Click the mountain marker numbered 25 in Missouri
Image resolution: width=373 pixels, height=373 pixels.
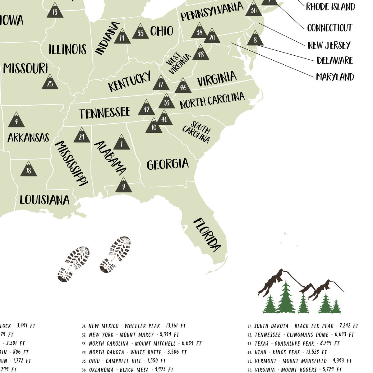[50, 82]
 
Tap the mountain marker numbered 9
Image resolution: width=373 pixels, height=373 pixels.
[123, 185]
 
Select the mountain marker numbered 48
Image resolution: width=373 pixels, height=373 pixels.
[201, 53]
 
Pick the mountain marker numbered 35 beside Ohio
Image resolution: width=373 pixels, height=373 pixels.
[140, 32]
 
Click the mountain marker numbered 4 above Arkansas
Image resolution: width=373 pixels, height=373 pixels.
[16, 120]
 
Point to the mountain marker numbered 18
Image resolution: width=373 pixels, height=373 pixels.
[29, 169]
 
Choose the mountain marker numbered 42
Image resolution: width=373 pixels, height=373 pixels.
[146, 108]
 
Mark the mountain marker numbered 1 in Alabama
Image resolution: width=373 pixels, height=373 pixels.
[122, 143]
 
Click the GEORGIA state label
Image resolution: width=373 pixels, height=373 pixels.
[168, 164]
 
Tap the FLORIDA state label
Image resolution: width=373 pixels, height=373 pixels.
[207, 234]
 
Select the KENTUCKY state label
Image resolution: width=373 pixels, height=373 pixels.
[129, 81]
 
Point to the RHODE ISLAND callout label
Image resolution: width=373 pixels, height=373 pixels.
[330, 7]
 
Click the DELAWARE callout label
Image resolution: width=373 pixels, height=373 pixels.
[334, 60]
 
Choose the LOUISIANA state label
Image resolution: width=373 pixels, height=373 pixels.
[44, 200]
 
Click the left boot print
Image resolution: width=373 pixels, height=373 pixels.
[74, 264]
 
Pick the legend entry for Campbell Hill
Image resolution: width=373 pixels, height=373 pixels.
[127, 361]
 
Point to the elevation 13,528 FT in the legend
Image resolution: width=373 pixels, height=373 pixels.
[316, 352]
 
